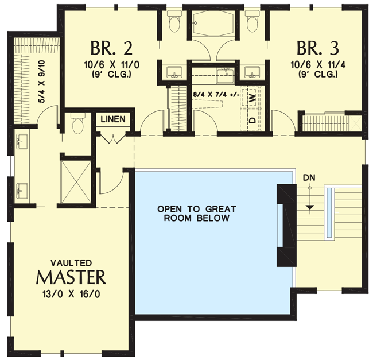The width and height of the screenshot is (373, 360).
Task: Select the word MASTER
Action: [71, 277]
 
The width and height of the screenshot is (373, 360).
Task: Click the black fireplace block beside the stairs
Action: [285, 225]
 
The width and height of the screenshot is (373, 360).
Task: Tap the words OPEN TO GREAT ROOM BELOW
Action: [196, 213]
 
